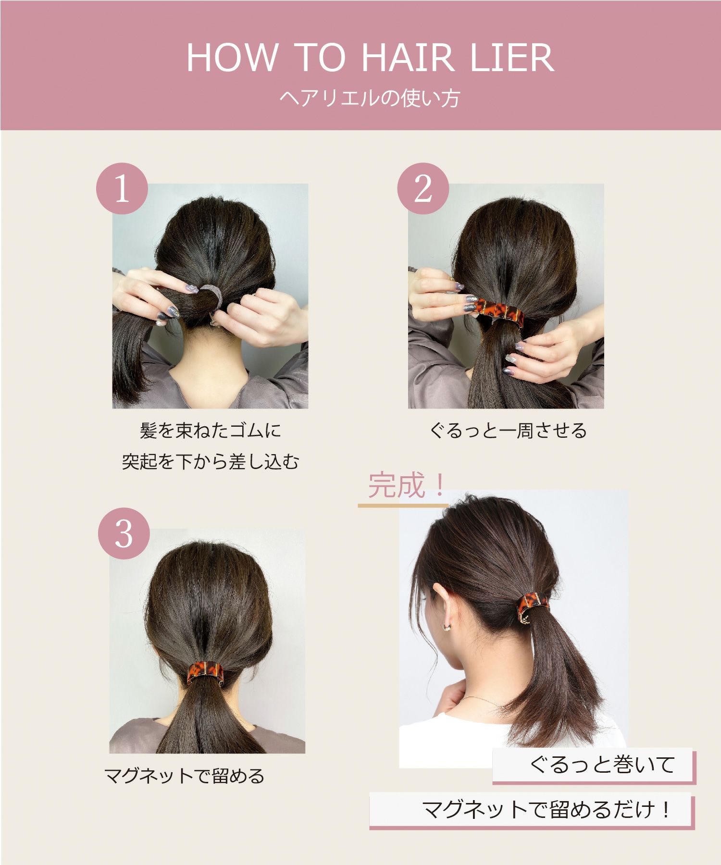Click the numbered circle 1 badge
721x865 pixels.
[122, 189]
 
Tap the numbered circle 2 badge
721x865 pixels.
[423, 189]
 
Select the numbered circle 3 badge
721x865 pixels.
[124, 533]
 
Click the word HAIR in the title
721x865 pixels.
[407, 58]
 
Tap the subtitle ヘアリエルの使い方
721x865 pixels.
[370, 98]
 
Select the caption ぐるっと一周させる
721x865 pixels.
[508, 431]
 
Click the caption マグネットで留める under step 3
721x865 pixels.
[184, 776]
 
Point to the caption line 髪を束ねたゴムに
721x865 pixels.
[210, 431]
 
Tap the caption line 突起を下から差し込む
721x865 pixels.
[210, 462]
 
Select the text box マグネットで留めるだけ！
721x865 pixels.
[546, 810]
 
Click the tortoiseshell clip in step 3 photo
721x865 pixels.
[205, 671]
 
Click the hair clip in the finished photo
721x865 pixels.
[531, 607]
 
